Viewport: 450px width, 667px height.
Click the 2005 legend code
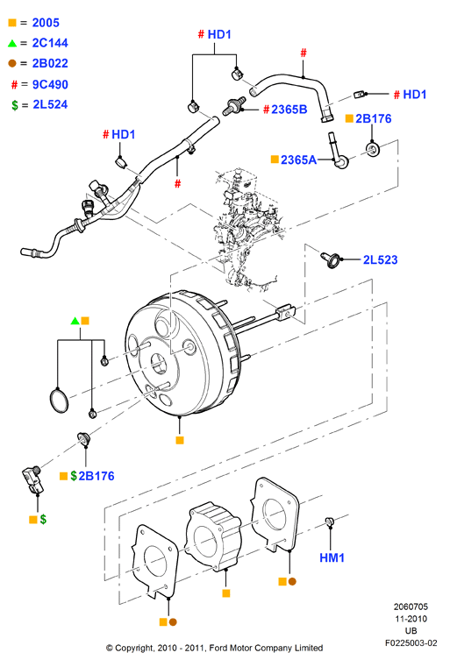coord(46,23)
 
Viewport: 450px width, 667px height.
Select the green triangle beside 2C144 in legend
coord(12,43)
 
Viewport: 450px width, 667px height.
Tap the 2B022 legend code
coord(50,63)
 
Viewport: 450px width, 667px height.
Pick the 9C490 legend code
coord(50,84)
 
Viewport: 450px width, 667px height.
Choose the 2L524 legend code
coord(50,104)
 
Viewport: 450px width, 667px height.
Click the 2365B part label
coord(289,110)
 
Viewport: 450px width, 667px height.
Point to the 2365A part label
coord(298,160)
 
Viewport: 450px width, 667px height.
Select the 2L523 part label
coord(380,259)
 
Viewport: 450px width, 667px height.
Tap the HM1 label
coord(332,557)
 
